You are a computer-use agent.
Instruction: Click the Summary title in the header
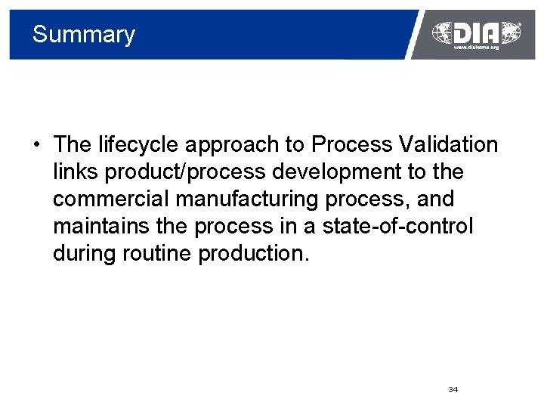[x=83, y=35]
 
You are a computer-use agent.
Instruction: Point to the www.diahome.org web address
[x=476, y=48]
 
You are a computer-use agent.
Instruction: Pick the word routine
[x=156, y=253]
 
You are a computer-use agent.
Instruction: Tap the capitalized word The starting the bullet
[x=73, y=144]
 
